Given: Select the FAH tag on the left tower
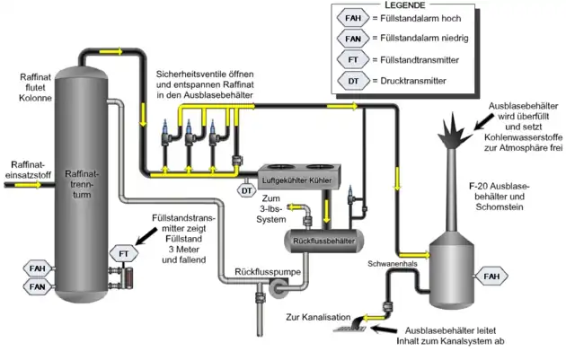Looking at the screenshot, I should pyautogui.click(x=37, y=268).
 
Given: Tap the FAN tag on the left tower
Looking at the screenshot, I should pyautogui.click(x=37, y=286).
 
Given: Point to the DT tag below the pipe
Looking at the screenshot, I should pyautogui.click(x=245, y=189).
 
